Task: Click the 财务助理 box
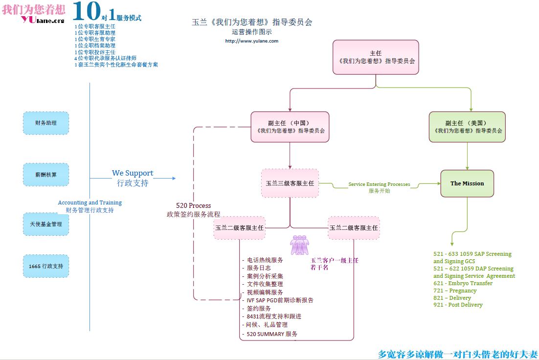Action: (46, 123)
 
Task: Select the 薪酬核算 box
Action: (46, 175)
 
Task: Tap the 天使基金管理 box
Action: (46, 224)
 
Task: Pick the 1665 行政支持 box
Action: (46, 267)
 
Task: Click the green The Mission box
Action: (467, 183)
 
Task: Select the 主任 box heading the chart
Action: (376, 57)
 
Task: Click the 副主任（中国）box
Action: (290, 127)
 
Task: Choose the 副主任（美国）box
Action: (467, 127)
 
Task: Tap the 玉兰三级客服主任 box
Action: (290, 183)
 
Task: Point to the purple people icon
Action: (299, 245)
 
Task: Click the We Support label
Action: (133, 173)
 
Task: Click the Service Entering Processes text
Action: (379, 184)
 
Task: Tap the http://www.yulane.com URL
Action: (251, 41)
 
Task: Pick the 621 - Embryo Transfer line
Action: (463, 283)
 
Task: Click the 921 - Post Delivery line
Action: (458, 305)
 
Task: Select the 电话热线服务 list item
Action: (265, 260)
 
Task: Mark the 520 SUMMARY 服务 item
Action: (272, 334)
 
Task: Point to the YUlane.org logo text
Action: (43, 20)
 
